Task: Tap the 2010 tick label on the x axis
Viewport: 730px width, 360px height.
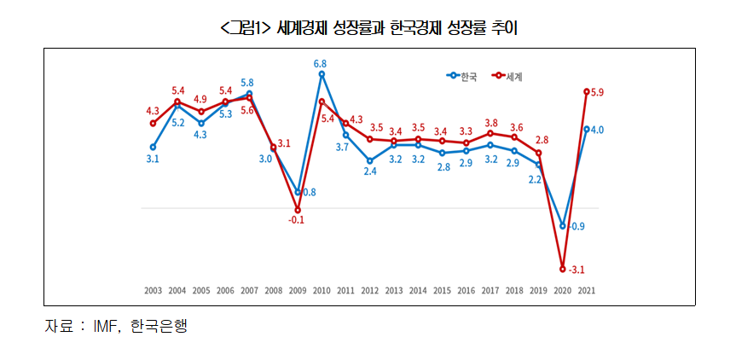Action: (x=322, y=291)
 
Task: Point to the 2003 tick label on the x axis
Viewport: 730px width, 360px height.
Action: (x=153, y=291)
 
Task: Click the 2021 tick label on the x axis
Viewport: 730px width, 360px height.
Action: (x=587, y=291)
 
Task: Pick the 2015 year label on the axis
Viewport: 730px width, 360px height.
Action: (x=442, y=291)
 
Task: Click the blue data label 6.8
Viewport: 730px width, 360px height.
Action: (x=322, y=63)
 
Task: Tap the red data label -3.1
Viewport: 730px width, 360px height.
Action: (x=576, y=270)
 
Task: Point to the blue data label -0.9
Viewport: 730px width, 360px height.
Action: (x=576, y=226)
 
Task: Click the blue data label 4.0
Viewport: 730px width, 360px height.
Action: (x=598, y=130)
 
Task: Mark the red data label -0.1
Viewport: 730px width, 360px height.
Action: (x=297, y=220)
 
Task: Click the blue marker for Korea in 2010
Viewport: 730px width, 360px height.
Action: (x=322, y=74)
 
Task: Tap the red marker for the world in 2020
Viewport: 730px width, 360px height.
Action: (x=563, y=269)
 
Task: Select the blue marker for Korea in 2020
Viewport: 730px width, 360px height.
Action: (x=563, y=225)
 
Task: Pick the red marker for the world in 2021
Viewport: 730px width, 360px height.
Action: (x=587, y=91)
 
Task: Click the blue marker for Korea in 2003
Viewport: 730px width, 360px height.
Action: (x=153, y=147)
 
